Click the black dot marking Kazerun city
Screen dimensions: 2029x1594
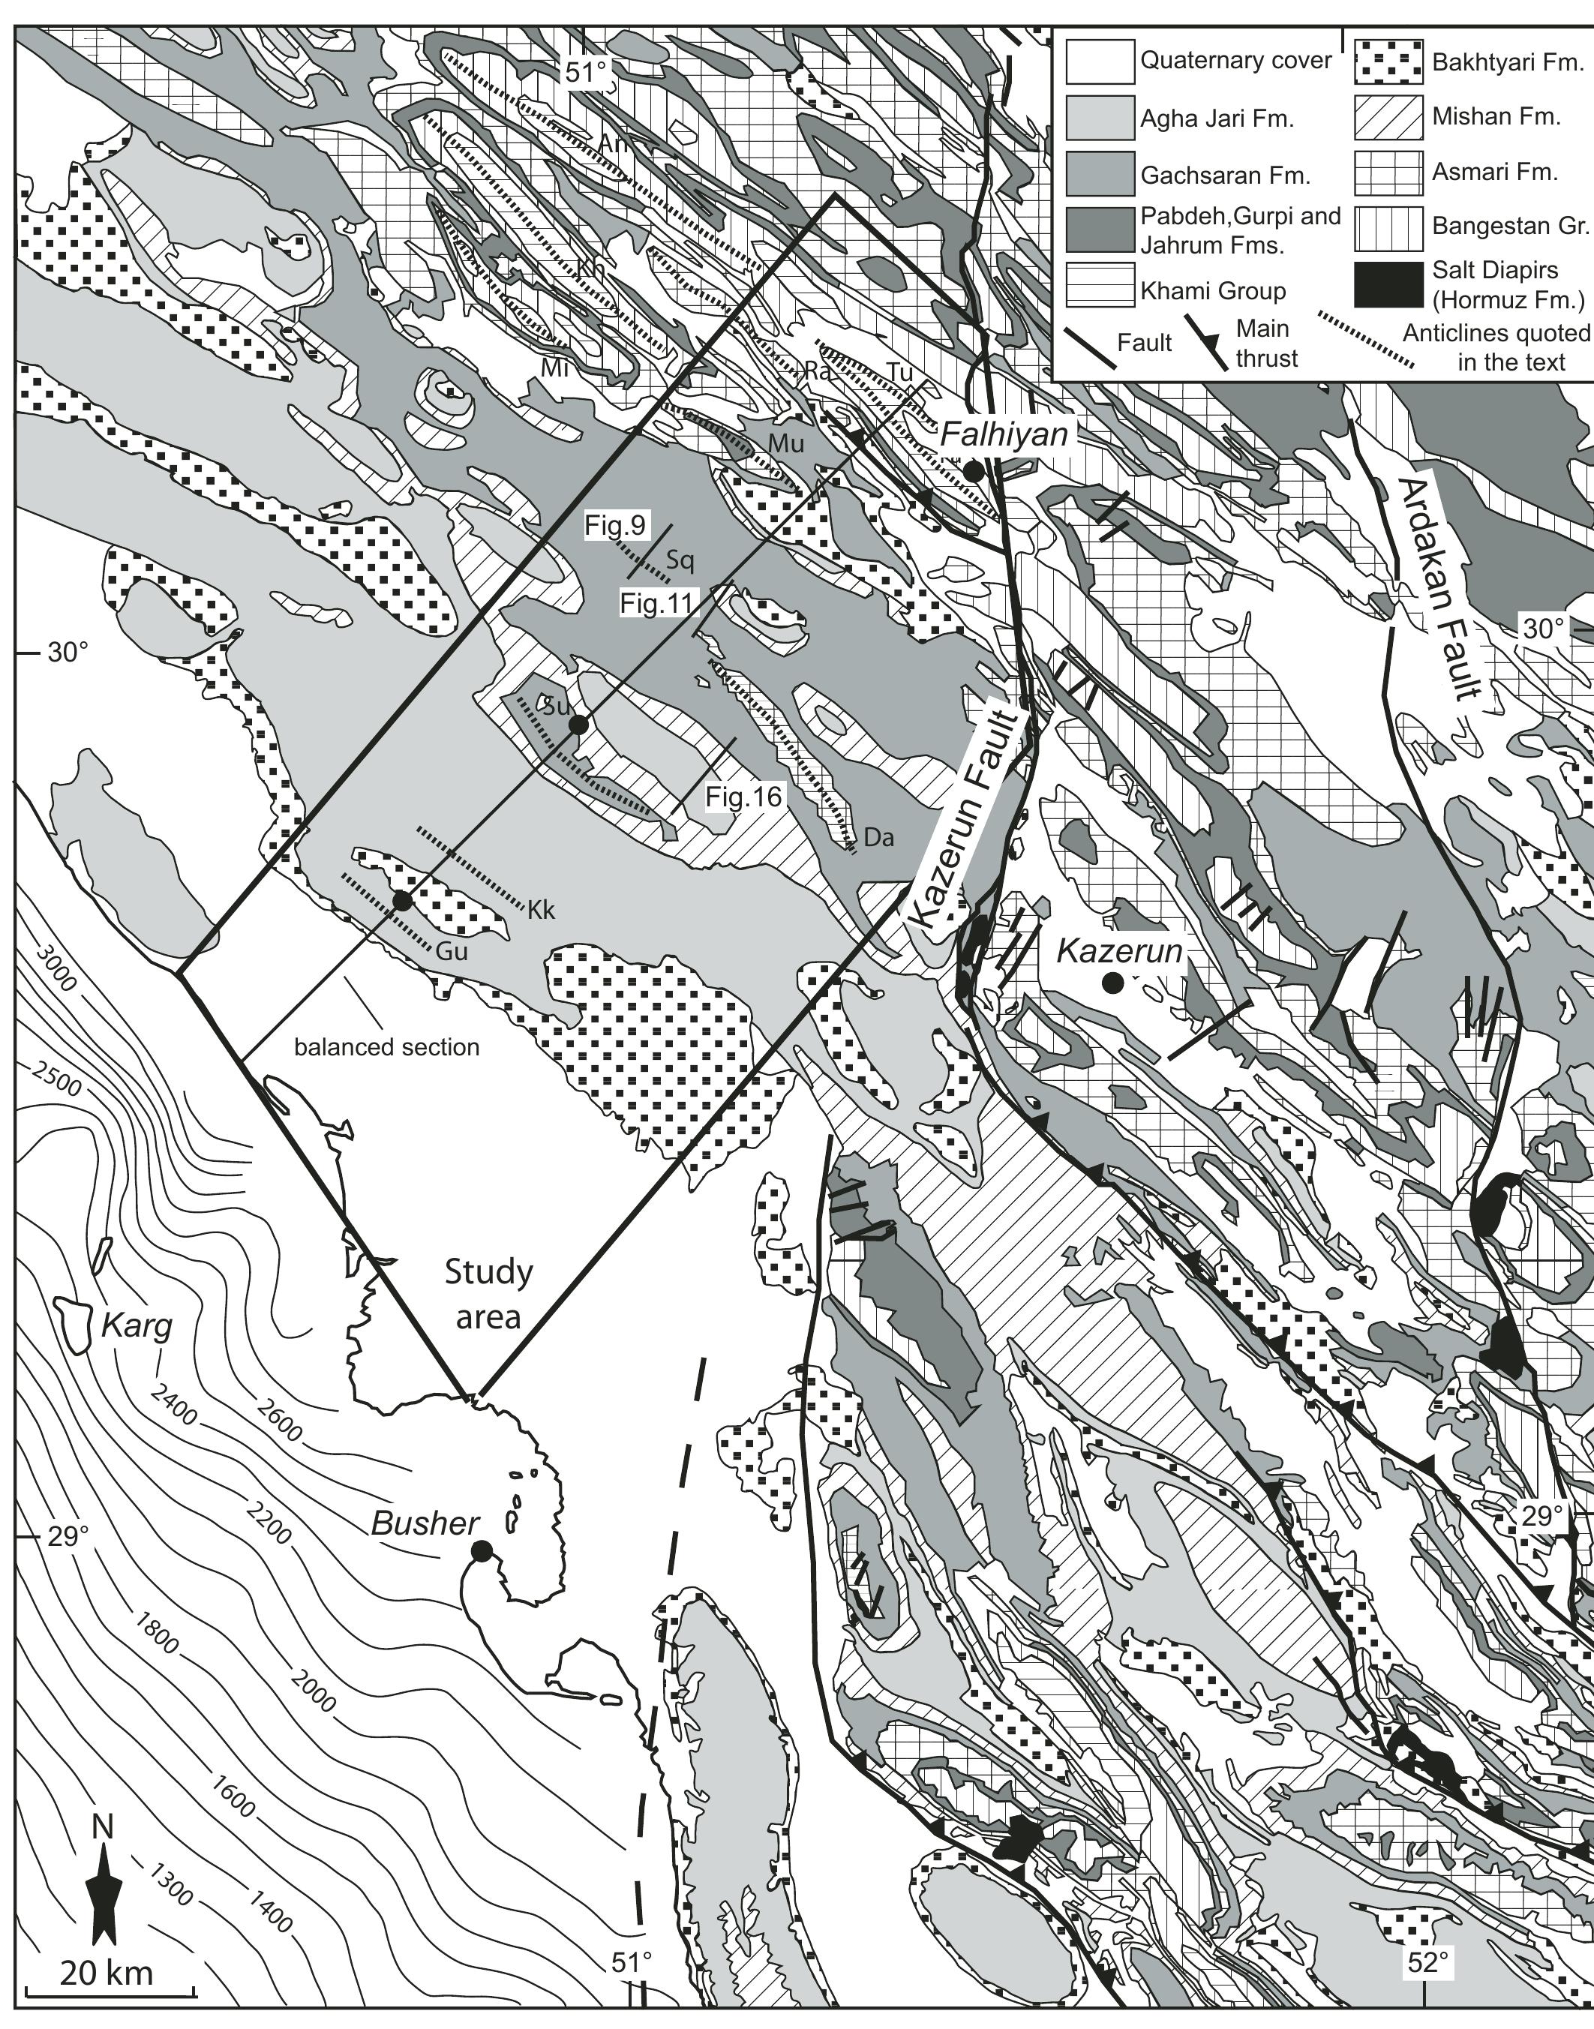pyautogui.click(x=1112, y=982)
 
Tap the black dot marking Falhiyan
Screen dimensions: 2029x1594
pyautogui.click(x=974, y=471)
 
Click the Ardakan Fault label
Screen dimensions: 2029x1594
pyautogui.click(x=1442, y=588)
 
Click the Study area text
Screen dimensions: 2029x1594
pyautogui.click(x=488, y=1292)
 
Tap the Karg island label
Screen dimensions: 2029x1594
pyautogui.click(x=137, y=1325)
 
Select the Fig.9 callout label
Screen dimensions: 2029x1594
pyautogui.click(x=615, y=526)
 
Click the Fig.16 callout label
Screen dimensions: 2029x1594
pyautogui.click(x=744, y=796)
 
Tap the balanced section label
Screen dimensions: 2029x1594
pyautogui.click(x=386, y=1047)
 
